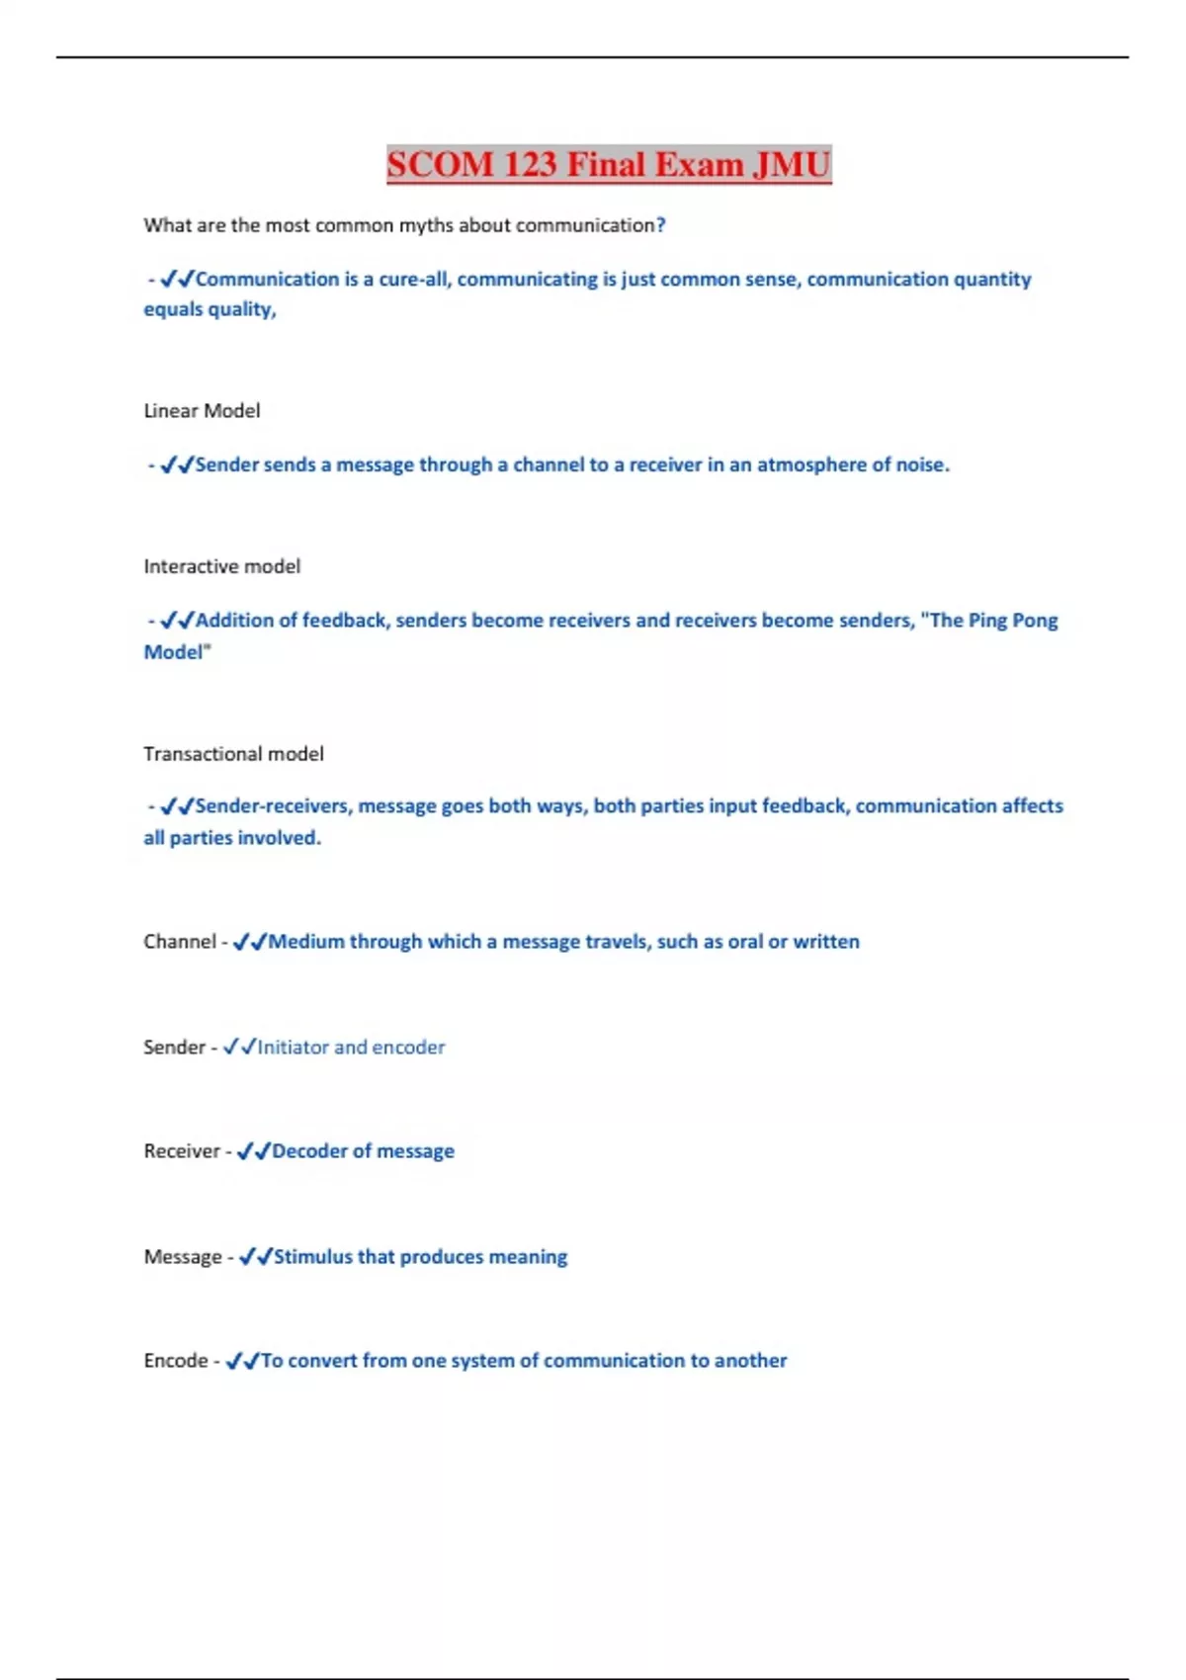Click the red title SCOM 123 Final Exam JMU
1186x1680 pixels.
pos(609,164)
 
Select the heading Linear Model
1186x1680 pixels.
pos(202,411)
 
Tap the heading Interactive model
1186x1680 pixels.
pos(221,566)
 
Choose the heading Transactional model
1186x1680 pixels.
pos(233,754)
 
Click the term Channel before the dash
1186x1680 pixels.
pos(179,942)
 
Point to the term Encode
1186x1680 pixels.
pos(175,1361)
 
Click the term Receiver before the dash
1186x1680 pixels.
pos(182,1151)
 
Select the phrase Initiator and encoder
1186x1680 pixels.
pos(351,1048)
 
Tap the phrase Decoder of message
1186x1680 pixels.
pos(363,1151)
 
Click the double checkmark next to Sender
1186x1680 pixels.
pos(239,1047)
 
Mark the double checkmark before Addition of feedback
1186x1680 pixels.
pos(177,621)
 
